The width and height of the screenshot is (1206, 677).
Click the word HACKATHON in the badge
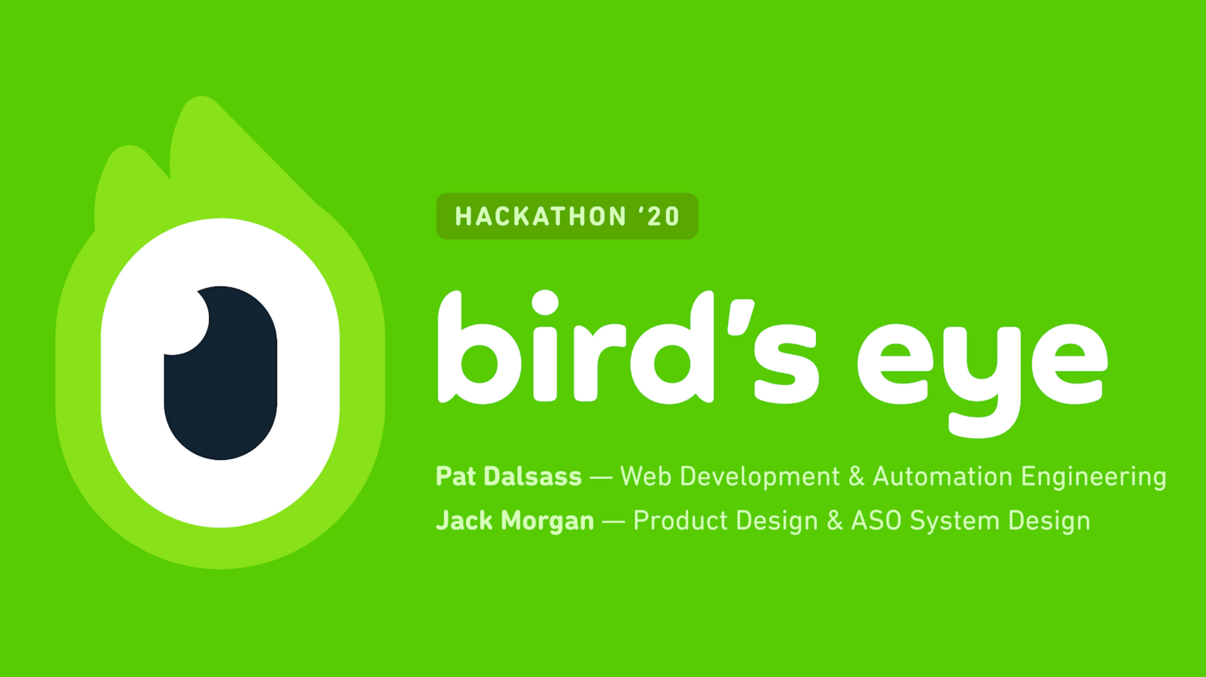pos(541,216)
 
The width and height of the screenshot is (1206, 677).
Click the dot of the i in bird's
pos(545,303)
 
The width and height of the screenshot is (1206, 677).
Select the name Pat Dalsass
pos(509,476)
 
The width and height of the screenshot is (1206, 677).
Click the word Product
pos(680,520)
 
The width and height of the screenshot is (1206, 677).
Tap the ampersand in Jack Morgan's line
pos(835,520)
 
